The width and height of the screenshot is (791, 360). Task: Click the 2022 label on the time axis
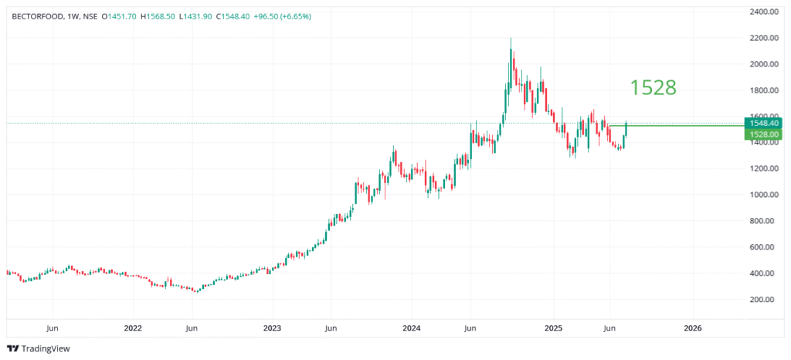[133, 328]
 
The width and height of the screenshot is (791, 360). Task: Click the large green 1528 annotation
[654, 88]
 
